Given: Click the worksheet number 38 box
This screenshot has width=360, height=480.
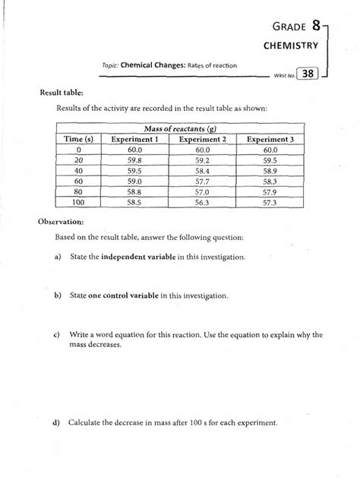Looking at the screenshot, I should tap(308, 74).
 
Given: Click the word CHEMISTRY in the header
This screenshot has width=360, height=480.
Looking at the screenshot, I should tap(291, 46).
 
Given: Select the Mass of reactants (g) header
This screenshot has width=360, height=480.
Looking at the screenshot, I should tap(180, 128).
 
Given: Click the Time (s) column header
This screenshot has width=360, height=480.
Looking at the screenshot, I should tap(78, 139).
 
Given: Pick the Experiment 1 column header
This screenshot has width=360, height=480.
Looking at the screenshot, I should tap(134, 139).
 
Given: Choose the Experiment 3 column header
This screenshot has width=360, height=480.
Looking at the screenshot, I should tap(271, 139).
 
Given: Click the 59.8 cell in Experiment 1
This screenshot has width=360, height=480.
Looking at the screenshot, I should tap(134, 161).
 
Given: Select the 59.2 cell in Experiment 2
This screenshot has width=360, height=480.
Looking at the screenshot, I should tap(202, 161).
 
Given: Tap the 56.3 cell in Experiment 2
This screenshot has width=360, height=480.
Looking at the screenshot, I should tap(202, 204).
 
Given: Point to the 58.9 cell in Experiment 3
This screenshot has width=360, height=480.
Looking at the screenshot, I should tap(271, 172).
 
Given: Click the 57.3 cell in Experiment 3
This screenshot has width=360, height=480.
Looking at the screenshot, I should tap(271, 204).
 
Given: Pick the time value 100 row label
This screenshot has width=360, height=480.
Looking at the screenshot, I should tap(78, 204).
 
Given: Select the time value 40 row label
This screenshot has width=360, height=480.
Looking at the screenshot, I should tap(78, 172).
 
